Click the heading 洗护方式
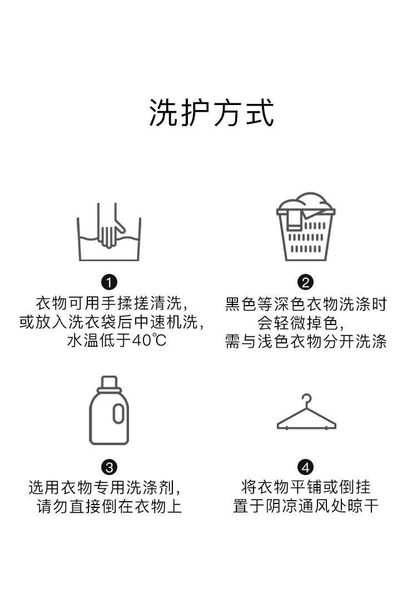click(x=212, y=112)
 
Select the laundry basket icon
click(x=306, y=227)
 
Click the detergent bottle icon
click(x=109, y=410)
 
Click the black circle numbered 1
click(x=109, y=282)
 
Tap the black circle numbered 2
click(x=306, y=282)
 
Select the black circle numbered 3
click(x=109, y=467)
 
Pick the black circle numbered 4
click(x=306, y=467)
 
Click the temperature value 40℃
click(x=149, y=341)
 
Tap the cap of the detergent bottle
click(x=109, y=384)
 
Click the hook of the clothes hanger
click(x=307, y=400)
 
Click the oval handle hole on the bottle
click(x=118, y=413)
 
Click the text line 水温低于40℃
click(x=117, y=341)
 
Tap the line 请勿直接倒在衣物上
click(x=110, y=506)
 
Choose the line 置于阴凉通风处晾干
click(x=306, y=506)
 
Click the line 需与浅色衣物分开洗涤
click(x=306, y=341)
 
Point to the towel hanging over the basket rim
click(x=295, y=219)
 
